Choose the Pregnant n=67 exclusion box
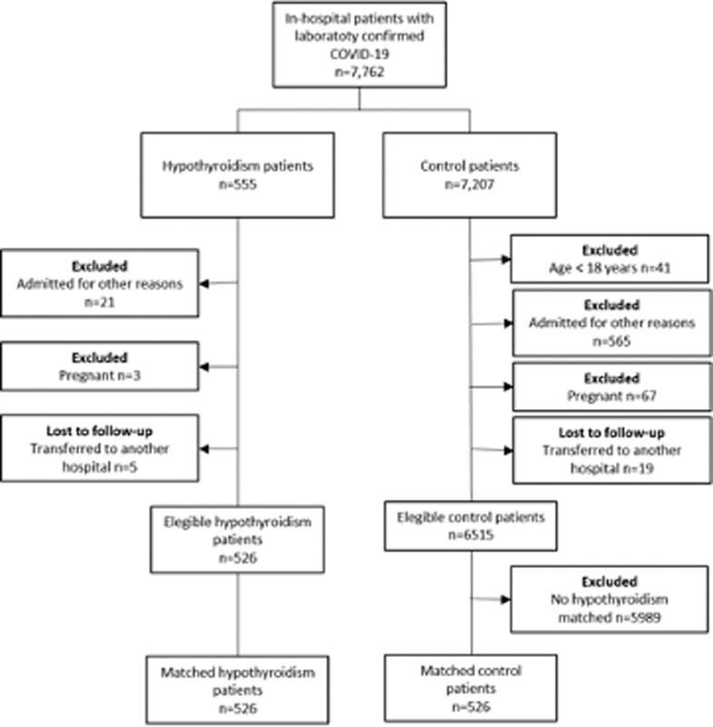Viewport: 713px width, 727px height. (x=609, y=385)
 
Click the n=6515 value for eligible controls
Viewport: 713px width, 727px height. (x=470, y=533)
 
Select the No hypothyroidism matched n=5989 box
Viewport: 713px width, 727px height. (x=609, y=598)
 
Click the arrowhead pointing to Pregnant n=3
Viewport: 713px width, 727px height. (x=203, y=365)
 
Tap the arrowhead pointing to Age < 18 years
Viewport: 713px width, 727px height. (x=505, y=258)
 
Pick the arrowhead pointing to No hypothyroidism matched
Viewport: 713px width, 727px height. (x=505, y=599)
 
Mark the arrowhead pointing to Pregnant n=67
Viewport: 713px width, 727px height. (x=505, y=385)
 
